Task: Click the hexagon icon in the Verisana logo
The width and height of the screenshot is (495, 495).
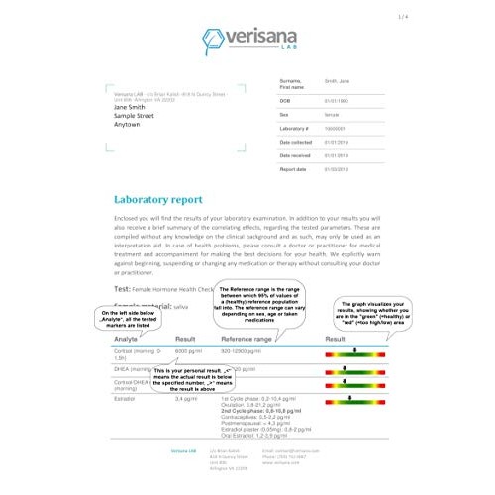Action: (x=213, y=39)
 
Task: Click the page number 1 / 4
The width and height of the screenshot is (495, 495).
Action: (x=482, y=17)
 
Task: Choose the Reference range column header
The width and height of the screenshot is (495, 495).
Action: (x=246, y=339)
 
